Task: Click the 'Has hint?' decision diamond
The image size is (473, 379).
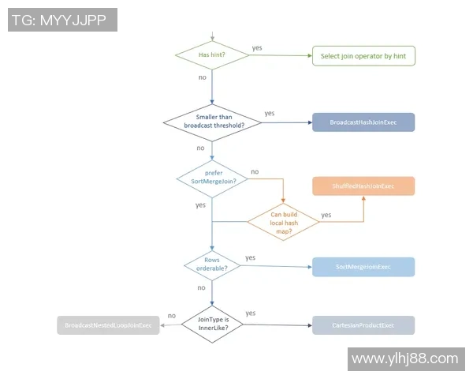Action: coord(212,55)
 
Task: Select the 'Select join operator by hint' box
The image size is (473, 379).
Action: coord(363,56)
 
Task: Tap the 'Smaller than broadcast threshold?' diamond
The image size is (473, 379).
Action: coord(212,122)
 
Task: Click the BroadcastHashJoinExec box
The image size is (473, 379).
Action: coord(363,122)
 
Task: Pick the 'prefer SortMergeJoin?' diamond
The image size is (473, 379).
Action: coord(212,176)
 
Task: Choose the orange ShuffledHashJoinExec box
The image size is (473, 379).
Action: coord(363,186)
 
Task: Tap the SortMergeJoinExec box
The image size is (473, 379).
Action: coord(363,266)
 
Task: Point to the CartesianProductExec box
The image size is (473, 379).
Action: coord(363,325)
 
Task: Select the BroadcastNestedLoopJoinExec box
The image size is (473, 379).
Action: coord(108,325)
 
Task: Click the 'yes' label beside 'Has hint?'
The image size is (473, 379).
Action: coord(257,48)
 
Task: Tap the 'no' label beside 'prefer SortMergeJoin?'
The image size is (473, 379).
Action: coord(255,171)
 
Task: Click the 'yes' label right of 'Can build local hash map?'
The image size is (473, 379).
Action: coord(326,214)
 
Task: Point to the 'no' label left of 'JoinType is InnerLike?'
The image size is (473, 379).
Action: coord(171,315)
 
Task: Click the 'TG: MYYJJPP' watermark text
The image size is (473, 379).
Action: coord(62,20)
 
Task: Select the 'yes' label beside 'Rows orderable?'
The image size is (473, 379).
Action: coord(250,257)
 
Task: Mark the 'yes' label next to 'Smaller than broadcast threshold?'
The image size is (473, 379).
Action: coord(270,113)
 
